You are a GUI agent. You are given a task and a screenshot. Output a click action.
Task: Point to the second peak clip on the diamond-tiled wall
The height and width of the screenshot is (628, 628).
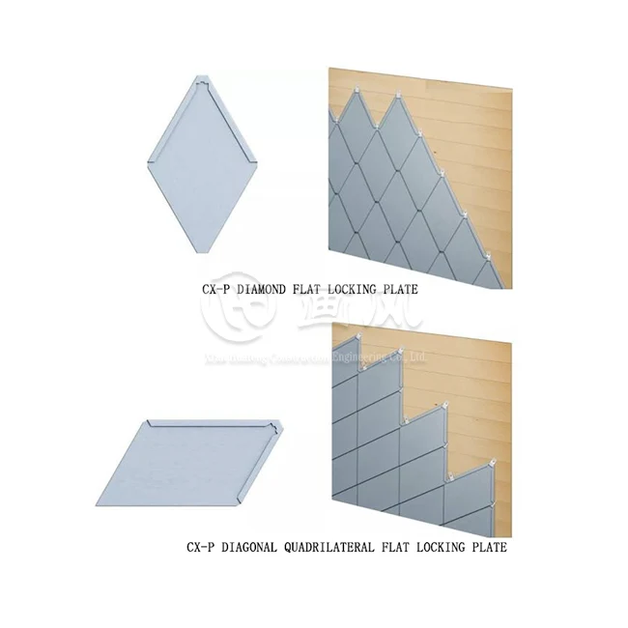tap(399, 95)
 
